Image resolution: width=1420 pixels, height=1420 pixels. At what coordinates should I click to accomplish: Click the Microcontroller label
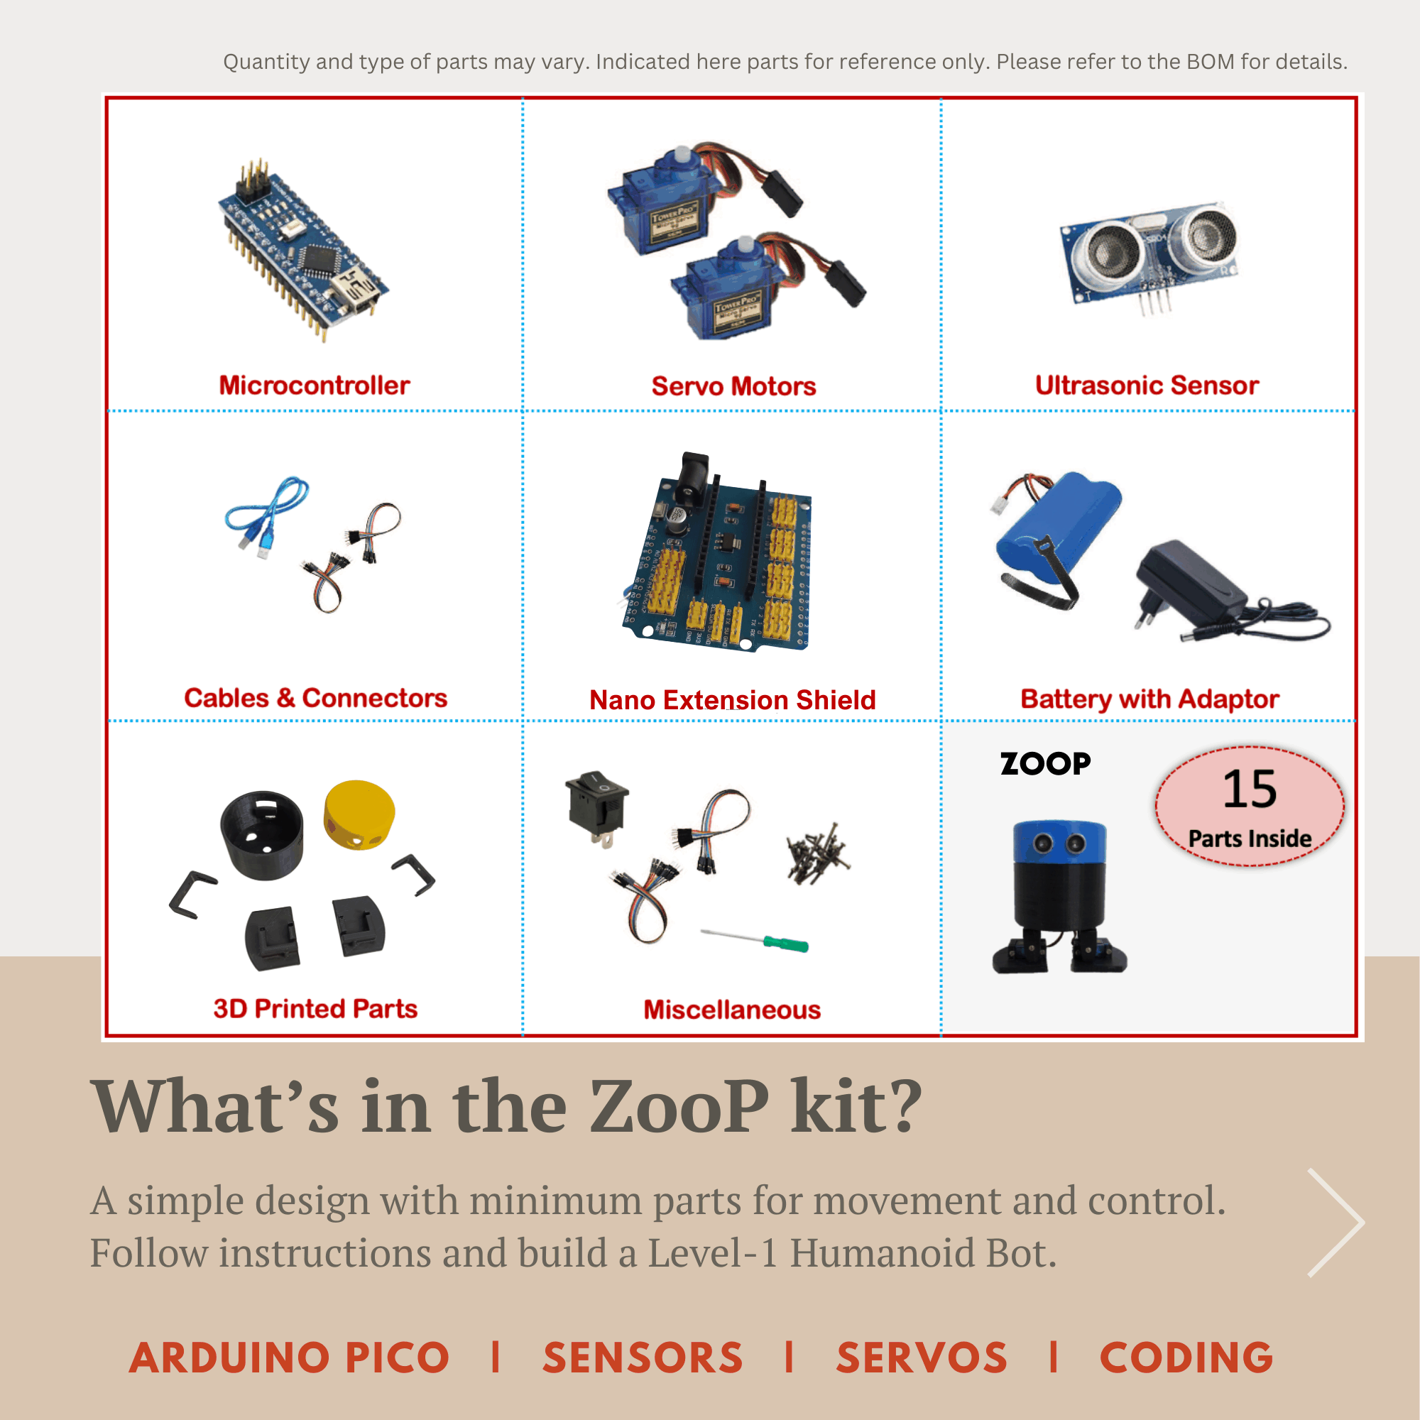coord(315,385)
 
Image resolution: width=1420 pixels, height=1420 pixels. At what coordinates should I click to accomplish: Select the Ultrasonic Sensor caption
coord(1147,385)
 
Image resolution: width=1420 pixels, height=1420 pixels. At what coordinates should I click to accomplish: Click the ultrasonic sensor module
coord(1149,257)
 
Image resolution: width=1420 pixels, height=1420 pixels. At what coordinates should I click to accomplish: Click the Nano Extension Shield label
coord(732,700)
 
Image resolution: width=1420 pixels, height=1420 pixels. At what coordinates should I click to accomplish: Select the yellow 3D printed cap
coord(359,814)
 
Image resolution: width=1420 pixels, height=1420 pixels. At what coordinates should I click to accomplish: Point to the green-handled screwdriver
coord(754,940)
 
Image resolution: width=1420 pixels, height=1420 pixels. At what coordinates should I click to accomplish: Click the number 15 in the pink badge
coord(1250,789)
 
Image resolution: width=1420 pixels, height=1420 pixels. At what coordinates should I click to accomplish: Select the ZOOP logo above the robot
coord(1045,764)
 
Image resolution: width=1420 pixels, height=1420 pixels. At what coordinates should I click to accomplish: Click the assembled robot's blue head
coord(1059,842)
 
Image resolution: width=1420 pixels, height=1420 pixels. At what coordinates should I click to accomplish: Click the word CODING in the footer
coord(1186,1358)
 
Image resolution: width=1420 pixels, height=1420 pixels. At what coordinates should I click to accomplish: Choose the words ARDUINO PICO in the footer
coord(289,1358)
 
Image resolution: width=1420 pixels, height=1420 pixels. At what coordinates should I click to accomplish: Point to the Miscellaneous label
coord(732,1010)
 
